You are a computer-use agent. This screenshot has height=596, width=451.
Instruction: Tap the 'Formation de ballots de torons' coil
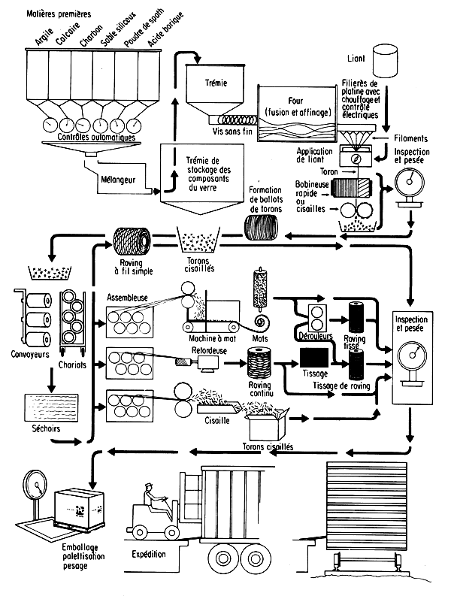[262, 224]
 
